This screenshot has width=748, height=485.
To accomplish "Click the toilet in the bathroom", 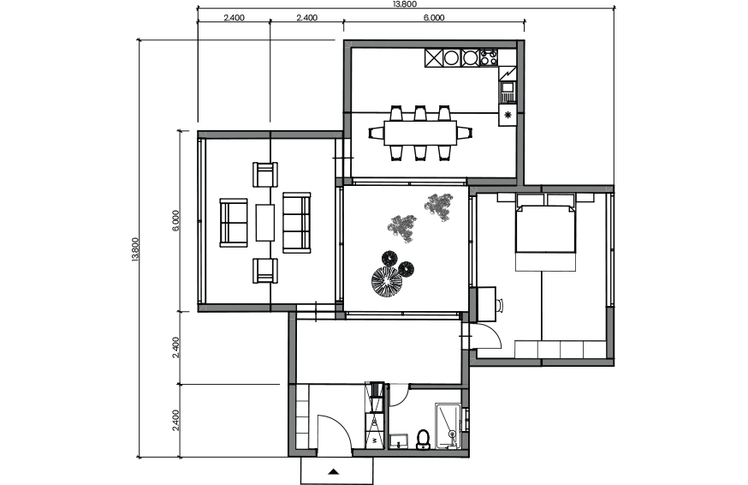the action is click(x=423, y=440).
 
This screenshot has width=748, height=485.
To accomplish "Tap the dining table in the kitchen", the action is click(x=420, y=133).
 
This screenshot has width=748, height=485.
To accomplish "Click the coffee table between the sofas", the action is click(x=265, y=223).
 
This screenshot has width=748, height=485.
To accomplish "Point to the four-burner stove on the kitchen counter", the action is click(x=489, y=57).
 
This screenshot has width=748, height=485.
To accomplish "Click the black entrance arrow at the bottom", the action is click(x=334, y=472).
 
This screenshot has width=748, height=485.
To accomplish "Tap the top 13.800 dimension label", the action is click(x=405, y=4).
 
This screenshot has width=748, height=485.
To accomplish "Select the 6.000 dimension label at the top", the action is click(x=434, y=18).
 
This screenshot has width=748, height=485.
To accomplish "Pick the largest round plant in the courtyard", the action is click(x=386, y=281).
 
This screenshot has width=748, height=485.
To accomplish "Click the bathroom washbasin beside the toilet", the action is click(x=399, y=441).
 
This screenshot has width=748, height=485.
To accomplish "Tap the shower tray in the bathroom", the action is click(x=448, y=426).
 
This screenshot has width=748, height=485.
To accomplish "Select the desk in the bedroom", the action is click(x=487, y=304).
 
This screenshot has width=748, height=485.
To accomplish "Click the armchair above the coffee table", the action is click(x=265, y=175).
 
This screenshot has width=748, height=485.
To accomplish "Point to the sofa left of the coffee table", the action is click(x=234, y=223).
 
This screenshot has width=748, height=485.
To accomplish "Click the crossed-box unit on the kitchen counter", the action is click(x=434, y=57).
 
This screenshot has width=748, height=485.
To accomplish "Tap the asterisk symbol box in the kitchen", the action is click(x=508, y=115).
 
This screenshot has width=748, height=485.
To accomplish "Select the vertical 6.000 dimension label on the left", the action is click(x=175, y=220).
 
